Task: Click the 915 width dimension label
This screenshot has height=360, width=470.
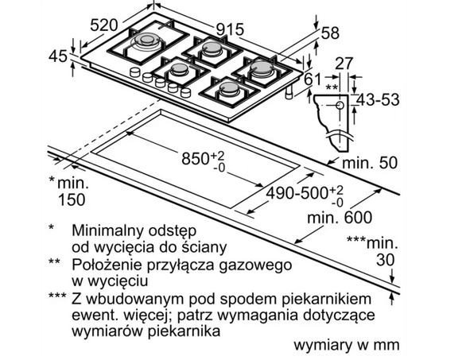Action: [x=230, y=29]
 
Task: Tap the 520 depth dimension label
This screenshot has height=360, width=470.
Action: [x=104, y=25]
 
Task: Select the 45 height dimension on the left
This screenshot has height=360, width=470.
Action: [x=58, y=56]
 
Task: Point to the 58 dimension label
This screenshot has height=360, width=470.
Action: [x=330, y=33]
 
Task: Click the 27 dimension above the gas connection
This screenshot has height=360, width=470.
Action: [x=344, y=64]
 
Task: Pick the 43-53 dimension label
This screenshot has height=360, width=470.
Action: [x=379, y=99]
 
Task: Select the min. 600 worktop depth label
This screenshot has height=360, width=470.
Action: [x=340, y=217]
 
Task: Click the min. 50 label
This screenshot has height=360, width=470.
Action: [x=370, y=163]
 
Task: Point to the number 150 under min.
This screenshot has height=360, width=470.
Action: [x=72, y=199]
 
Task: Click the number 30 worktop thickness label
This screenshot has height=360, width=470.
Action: [x=386, y=260]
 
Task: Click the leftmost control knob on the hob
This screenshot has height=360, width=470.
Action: [x=135, y=72]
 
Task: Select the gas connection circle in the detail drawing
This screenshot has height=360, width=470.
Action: [x=340, y=105]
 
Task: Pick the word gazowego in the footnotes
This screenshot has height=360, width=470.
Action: [x=255, y=265]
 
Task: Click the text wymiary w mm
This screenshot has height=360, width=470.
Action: [x=347, y=345]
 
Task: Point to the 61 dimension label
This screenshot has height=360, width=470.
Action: [x=313, y=79]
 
